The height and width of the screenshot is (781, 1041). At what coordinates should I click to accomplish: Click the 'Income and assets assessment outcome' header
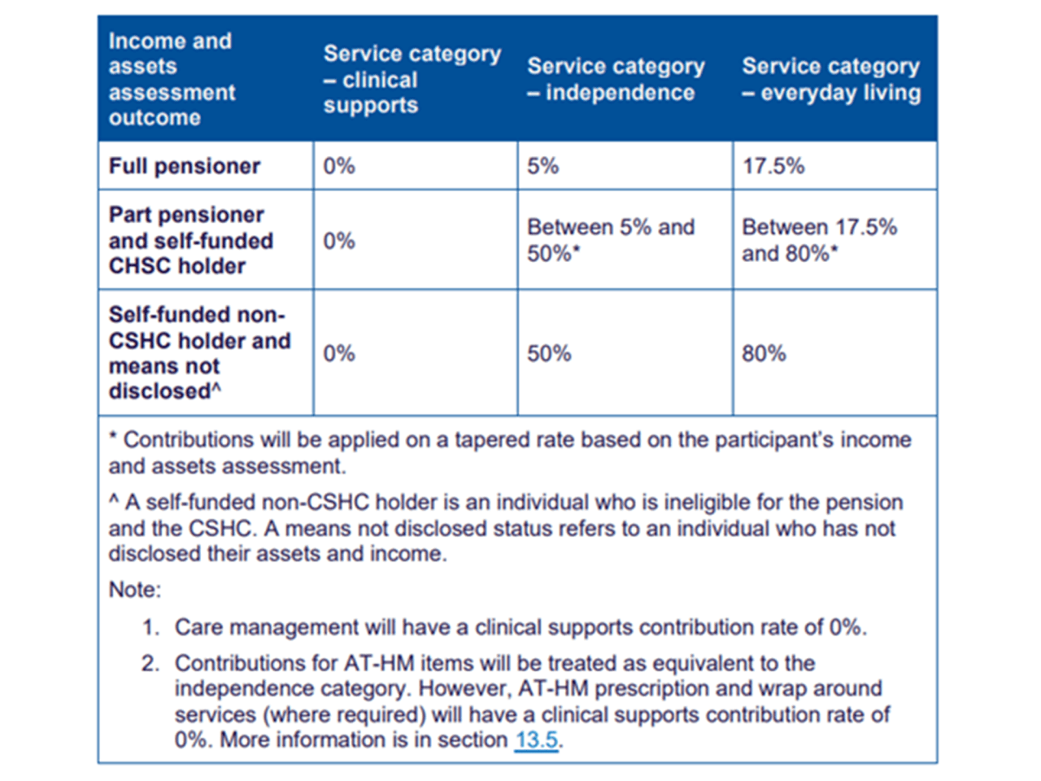172,79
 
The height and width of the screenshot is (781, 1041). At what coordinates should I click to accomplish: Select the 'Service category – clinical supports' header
412,79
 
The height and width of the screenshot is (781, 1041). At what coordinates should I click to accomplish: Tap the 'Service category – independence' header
616,79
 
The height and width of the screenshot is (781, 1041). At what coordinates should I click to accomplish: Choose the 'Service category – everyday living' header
831,79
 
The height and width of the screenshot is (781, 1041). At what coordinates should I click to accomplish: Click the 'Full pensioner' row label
185,166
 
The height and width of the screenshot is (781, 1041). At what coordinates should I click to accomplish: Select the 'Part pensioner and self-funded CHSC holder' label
190,240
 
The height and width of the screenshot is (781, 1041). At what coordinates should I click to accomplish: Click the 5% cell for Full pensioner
542,166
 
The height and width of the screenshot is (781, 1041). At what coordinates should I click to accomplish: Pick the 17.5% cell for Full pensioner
773,166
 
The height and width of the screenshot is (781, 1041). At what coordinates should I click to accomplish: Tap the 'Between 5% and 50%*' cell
610,240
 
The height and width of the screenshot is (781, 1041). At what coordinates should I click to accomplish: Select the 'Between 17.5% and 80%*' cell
818,240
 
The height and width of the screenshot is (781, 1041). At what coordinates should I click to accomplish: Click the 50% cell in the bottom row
549,354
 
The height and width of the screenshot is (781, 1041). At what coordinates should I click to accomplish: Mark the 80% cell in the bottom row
764,354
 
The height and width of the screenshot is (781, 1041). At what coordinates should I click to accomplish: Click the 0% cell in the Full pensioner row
339,166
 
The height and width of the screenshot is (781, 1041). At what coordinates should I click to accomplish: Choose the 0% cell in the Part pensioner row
339,241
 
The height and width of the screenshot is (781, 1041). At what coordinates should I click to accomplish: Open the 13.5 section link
536,740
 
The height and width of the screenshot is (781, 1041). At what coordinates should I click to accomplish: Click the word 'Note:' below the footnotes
135,590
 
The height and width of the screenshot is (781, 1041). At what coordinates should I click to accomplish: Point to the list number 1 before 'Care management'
150,628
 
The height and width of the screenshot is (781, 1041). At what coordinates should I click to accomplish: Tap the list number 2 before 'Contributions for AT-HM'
150,664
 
